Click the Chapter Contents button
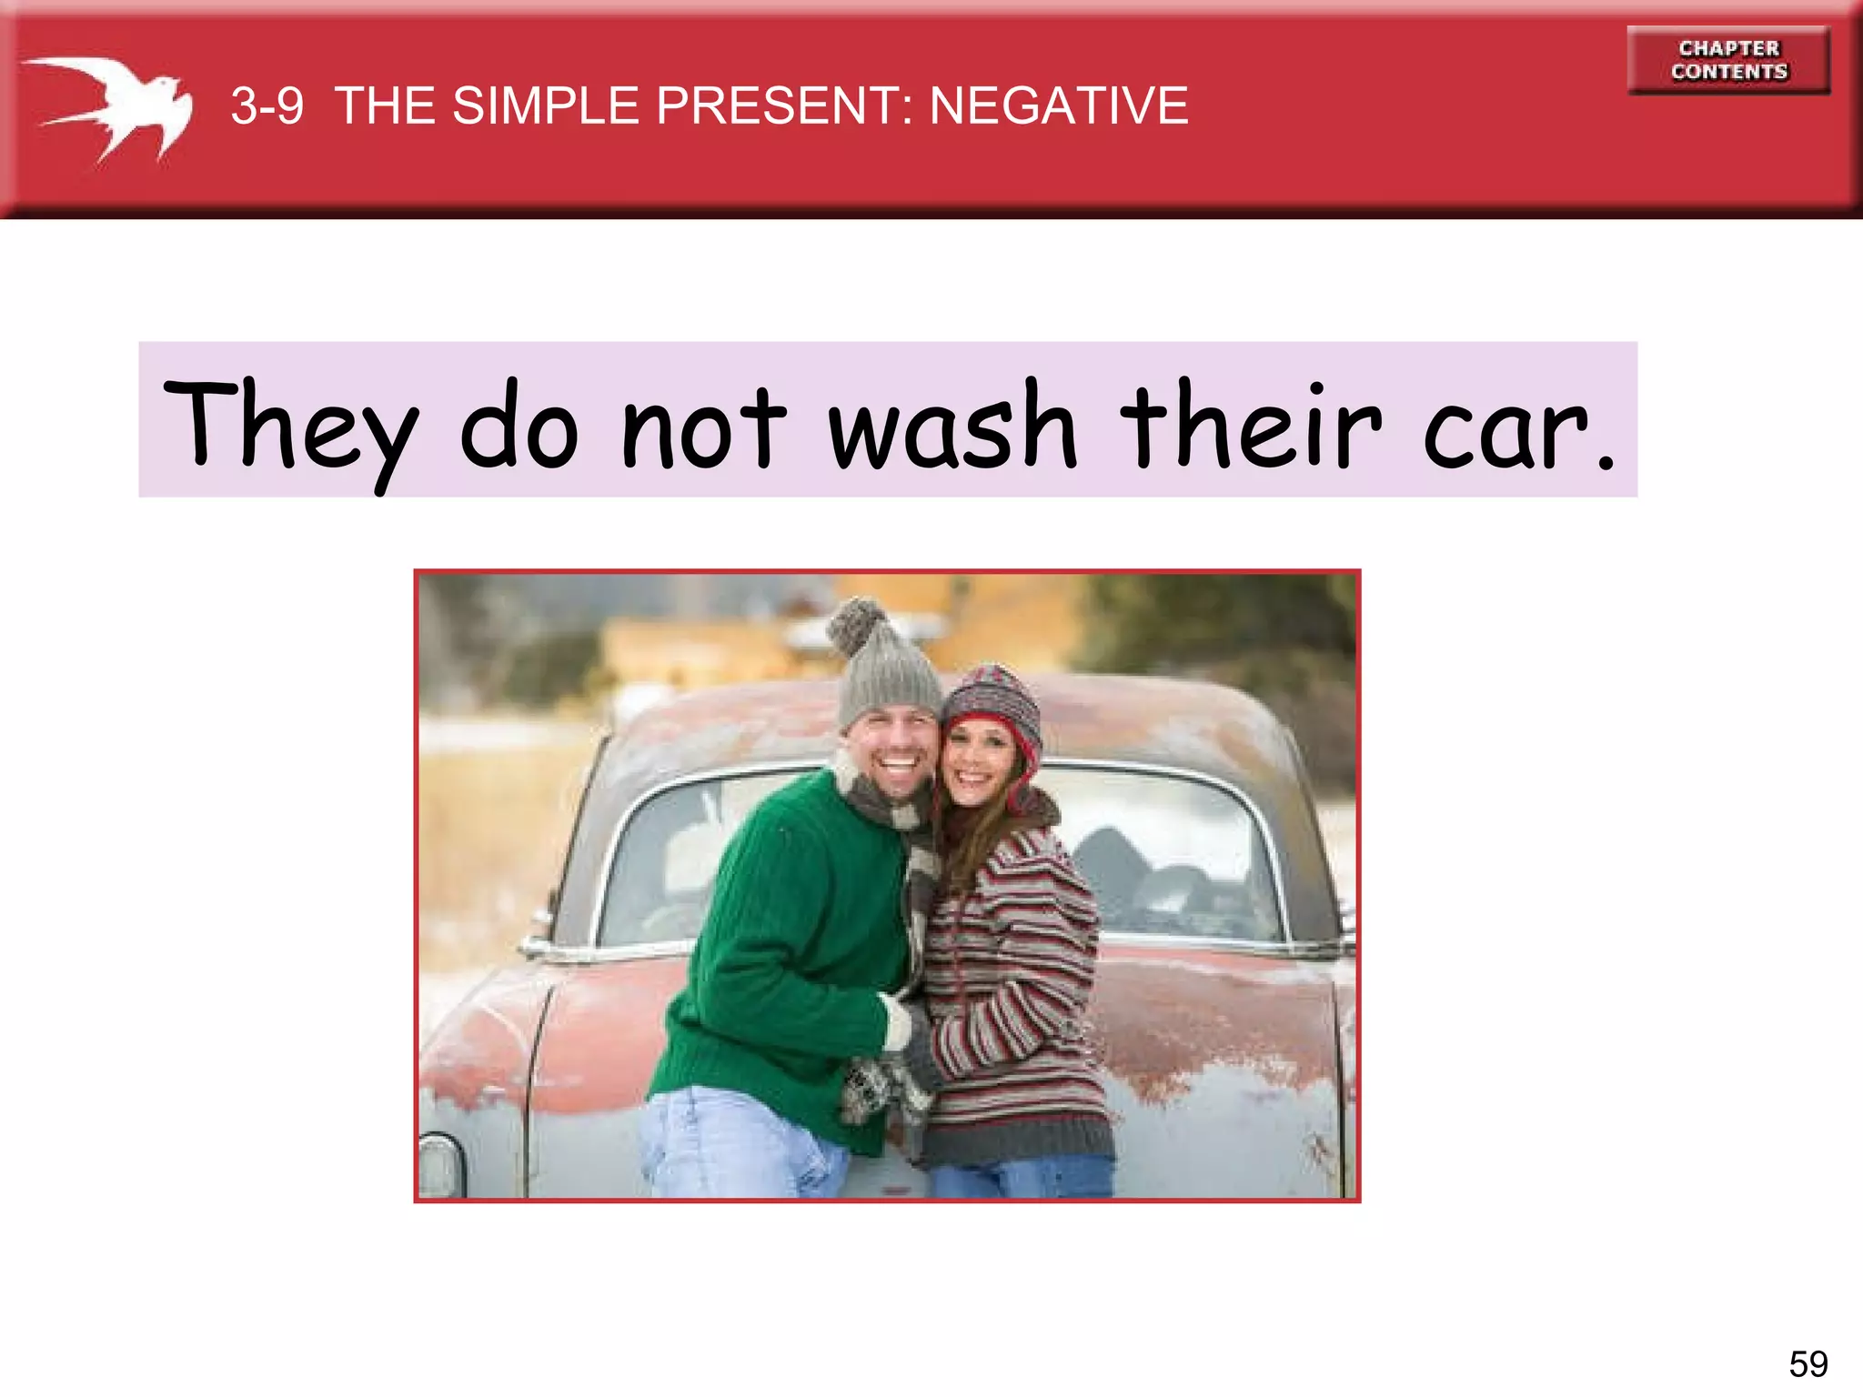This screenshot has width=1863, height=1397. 1727,60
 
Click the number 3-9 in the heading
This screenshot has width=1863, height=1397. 267,106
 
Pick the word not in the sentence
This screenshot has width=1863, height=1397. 702,427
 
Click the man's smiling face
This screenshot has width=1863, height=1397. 891,750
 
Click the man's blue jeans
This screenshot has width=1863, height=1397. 728,1146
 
